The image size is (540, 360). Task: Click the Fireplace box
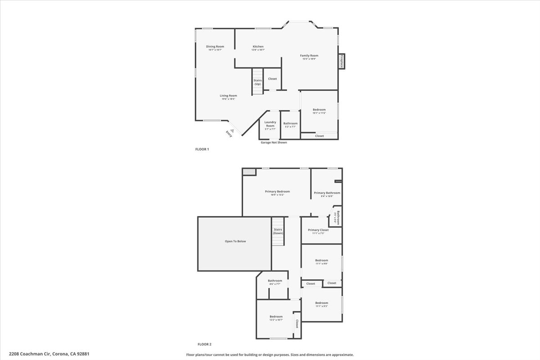(342, 61)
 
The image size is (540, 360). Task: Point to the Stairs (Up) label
(257, 82)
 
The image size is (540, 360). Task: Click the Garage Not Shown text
(274, 142)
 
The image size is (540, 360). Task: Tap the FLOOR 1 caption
(202, 149)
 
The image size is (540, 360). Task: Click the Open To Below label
(235, 241)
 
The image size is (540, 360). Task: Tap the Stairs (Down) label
(278, 231)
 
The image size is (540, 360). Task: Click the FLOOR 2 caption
(204, 344)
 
